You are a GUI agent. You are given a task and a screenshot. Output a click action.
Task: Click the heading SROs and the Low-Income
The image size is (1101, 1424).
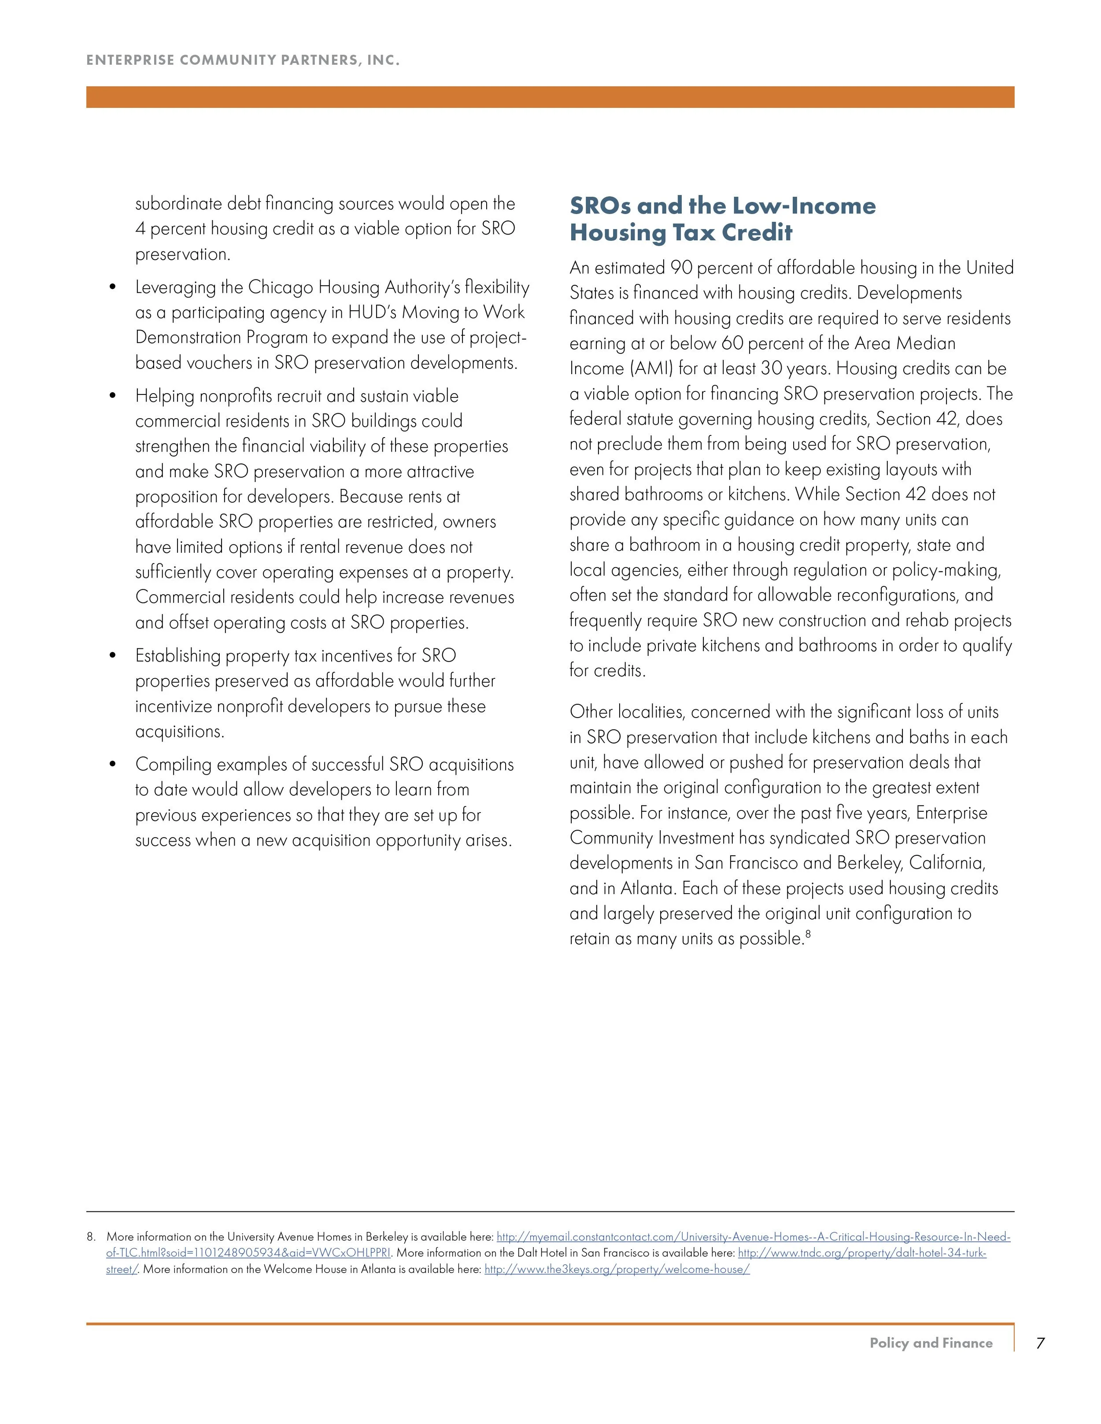click(x=722, y=206)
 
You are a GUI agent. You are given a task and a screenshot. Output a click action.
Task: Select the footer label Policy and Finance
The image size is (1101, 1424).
click(x=931, y=1343)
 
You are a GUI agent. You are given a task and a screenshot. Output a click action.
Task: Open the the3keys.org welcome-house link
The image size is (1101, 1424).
click(x=617, y=1269)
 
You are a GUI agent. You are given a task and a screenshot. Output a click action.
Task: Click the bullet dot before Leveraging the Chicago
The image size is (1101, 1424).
click(x=114, y=287)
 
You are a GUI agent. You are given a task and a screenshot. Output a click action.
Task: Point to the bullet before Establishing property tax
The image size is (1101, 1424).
click(x=114, y=656)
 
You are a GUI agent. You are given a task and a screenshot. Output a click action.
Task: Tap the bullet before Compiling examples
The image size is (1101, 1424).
click(x=114, y=765)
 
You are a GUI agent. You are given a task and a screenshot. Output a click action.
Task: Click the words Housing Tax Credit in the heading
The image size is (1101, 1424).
click(x=681, y=233)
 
